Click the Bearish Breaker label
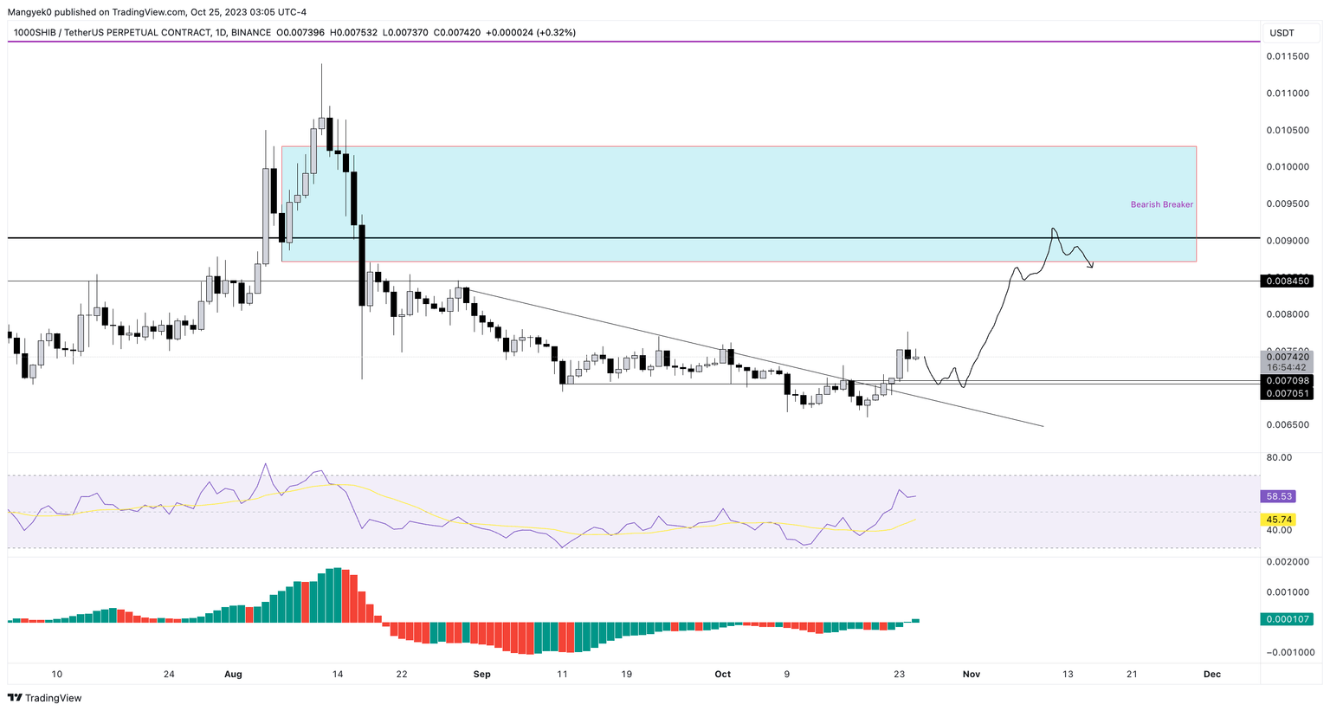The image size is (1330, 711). click(x=1161, y=204)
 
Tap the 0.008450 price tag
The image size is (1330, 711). click(x=1288, y=281)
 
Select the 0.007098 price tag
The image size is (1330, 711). click(x=1288, y=381)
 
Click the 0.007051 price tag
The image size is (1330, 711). click(x=1288, y=393)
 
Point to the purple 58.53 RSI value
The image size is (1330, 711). click(x=1279, y=496)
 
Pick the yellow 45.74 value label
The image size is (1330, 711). click(x=1279, y=520)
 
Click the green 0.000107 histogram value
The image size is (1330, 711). click(x=1288, y=619)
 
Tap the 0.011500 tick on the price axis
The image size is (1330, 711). click(x=1288, y=56)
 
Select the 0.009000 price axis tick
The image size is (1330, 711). click(x=1288, y=241)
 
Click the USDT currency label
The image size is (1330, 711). click(x=1282, y=33)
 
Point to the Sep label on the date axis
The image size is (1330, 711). click(x=482, y=674)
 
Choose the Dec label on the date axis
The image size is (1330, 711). click(x=1211, y=674)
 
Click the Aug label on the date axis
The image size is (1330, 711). click(x=233, y=674)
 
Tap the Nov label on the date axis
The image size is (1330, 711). click(x=971, y=674)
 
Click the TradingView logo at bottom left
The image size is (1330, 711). click(x=45, y=698)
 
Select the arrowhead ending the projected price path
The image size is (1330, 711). click(x=1091, y=265)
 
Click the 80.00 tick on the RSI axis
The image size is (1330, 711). click(x=1279, y=457)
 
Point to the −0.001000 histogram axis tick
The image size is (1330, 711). click(x=1289, y=653)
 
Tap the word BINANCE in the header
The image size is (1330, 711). click(x=251, y=33)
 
